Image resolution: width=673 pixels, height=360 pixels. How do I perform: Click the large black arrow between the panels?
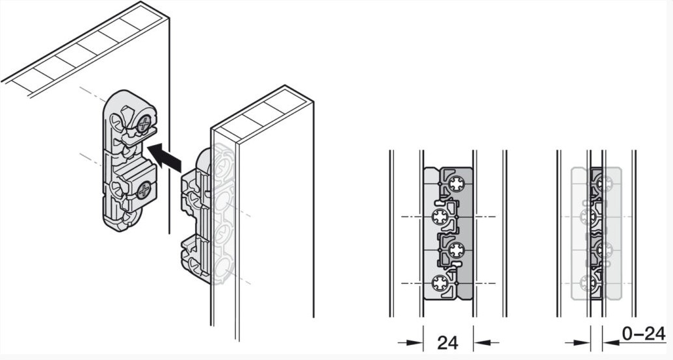coord(165,157)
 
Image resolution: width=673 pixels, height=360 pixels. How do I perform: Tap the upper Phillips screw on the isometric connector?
coord(144,124)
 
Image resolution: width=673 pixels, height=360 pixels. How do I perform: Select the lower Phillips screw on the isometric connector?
coord(144,189)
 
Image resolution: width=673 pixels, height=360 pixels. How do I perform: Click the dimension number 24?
coord(447,343)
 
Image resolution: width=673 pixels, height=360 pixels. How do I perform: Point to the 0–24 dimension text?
coord(643,333)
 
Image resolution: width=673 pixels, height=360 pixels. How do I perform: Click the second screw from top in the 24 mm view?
coord(440,217)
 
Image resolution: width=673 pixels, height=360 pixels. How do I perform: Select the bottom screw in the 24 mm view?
coord(440,283)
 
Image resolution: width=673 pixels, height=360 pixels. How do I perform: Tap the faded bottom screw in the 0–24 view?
coord(588,283)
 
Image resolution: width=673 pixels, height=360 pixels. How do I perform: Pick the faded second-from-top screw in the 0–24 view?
coord(588,216)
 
